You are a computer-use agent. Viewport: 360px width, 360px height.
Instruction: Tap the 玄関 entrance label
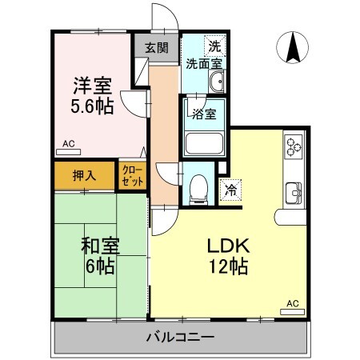[157, 47]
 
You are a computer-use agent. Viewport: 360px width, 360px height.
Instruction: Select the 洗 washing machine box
[214, 45]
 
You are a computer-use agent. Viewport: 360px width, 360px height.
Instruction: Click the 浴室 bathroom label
[204, 114]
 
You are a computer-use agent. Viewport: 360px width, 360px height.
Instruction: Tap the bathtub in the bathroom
[206, 143]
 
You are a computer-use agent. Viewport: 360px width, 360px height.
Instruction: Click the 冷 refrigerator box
[230, 190]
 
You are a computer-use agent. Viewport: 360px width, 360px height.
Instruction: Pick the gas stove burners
[293, 146]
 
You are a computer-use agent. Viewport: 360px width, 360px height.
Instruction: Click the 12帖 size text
[228, 266]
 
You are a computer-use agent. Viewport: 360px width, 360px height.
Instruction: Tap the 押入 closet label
[84, 175]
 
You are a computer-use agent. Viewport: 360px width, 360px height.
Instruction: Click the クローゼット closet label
[133, 176]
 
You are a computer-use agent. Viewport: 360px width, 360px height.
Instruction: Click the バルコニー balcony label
[180, 338]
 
